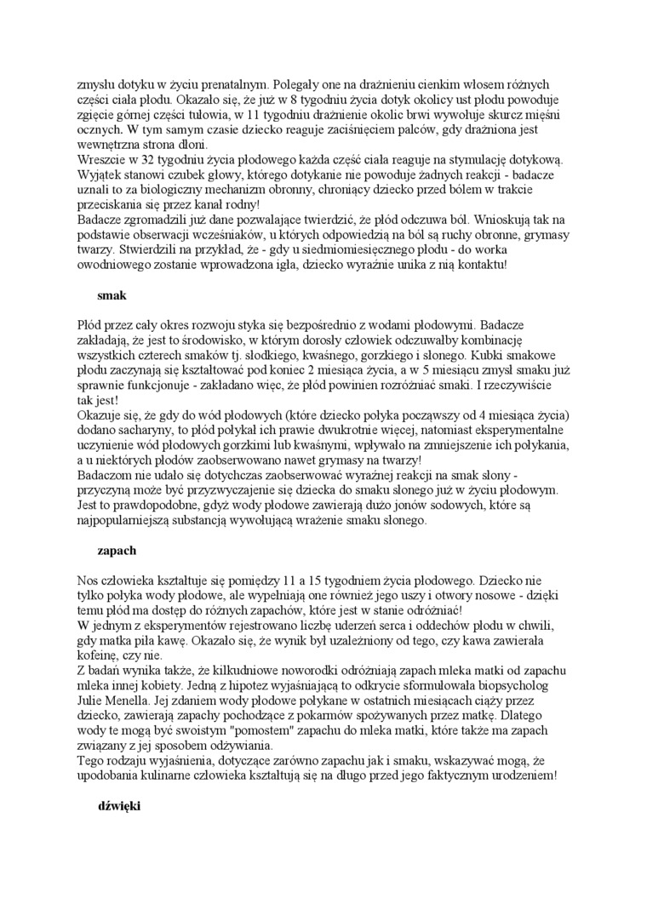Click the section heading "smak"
[x=112, y=296]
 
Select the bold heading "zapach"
[x=117, y=551]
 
